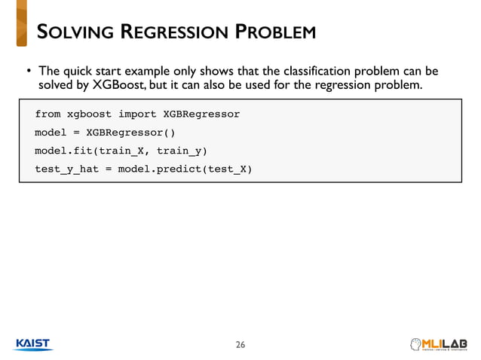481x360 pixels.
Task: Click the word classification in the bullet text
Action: (296, 72)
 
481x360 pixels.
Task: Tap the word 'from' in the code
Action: (47, 114)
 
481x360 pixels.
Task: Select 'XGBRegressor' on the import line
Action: (201, 114)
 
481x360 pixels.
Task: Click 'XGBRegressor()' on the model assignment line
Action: (130, 133)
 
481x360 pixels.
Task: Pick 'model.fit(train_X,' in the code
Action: (92, 151)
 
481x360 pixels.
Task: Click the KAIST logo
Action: (33, 343)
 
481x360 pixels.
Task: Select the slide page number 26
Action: (240, 345)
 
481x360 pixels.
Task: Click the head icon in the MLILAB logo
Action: (415, 343)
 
